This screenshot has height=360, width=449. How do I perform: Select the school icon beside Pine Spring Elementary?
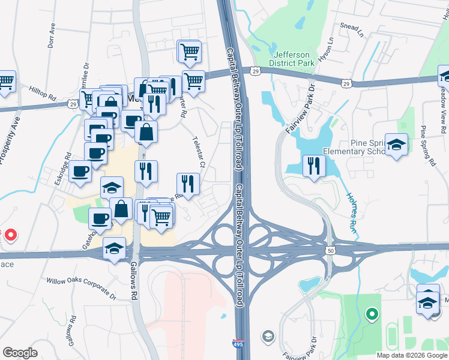coord(396,145)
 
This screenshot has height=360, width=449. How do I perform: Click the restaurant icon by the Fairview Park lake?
coord(313,166)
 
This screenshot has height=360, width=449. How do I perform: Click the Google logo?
coord(20,353)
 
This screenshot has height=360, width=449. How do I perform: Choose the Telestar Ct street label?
coord(199,153)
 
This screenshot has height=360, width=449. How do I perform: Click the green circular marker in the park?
coord(372,313)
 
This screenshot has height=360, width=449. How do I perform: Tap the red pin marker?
coord(10,235)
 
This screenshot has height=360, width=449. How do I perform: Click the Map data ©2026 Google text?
coord(411,355)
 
